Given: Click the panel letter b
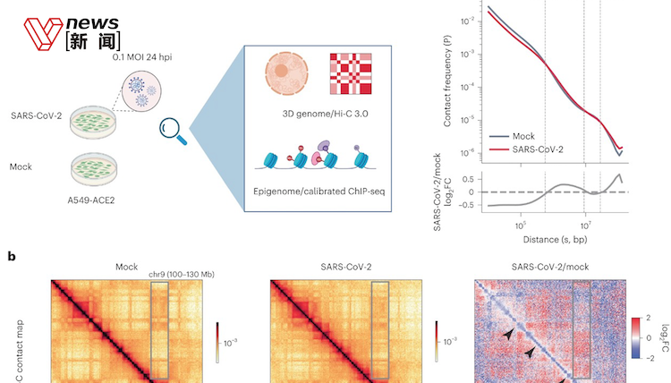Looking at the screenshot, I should coord(12,256).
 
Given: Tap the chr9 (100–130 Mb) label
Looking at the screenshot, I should coord(178,273).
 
